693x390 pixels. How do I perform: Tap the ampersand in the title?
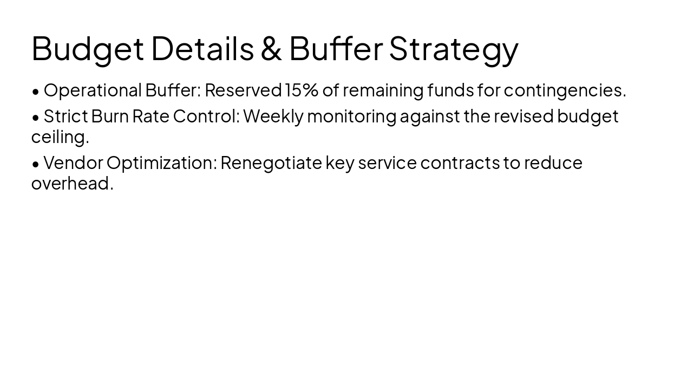pos(271,49)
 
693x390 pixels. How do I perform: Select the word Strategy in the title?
pos(454,49)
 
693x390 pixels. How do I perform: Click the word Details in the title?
pos(202,49)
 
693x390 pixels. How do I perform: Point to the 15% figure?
pos(302,90)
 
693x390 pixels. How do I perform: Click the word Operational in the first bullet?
pos(93,90)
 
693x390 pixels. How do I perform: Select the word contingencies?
pos(565,90)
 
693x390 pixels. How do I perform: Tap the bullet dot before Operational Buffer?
pos(36,91)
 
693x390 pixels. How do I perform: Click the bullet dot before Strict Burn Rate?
pos(36,117)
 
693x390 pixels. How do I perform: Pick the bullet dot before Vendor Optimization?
pos(36,164)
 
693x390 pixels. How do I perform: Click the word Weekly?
pos(273,116)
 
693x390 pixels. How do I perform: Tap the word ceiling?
pos(60,137)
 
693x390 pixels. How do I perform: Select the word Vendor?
pos(73,162)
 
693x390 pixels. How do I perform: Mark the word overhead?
pos(72,183)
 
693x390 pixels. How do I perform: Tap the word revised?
pos(524,116)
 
